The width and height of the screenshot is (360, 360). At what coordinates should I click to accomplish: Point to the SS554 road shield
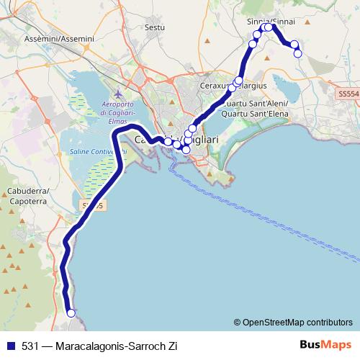pyautogui.click(x=348, y=94)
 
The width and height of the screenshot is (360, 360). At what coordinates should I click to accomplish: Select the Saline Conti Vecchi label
pyautogui.click(x=98, y=151)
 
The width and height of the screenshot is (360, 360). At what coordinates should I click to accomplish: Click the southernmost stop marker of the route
pyautogui.click(x=71, y=312)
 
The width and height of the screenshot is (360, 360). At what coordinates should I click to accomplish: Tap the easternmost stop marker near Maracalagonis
pyautogui.click(x=297, y=53)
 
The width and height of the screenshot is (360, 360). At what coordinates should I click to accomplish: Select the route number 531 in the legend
pyautogui.click(x=30, y=346)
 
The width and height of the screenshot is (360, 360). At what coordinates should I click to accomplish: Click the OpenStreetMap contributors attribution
pyautogui.click(x=293, y=323)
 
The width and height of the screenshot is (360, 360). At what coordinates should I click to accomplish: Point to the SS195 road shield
pyautogui.click(x=93, y=206)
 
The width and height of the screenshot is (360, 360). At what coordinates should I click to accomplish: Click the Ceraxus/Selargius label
pyautogui.click(x=233, y=86)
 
